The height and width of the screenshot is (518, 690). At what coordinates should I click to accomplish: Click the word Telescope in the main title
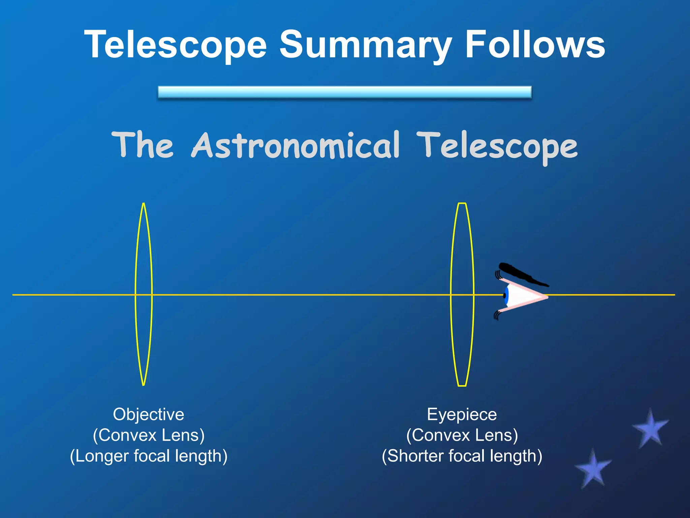(x=175, y=45)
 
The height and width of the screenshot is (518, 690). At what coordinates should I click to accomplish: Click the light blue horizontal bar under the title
(x=345, y=92)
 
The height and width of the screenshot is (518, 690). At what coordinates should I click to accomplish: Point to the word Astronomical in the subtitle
(x=295, y=146)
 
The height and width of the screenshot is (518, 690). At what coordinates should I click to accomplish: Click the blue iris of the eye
(x=506, y=296)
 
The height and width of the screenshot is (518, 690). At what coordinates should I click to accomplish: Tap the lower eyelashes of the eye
(x=497, y=315)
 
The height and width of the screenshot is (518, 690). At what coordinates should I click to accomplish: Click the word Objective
(x=149, y=414)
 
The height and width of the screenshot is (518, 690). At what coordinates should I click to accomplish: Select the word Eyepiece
(x=462, y=414)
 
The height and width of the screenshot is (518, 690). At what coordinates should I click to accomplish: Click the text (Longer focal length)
(x=149, y=456)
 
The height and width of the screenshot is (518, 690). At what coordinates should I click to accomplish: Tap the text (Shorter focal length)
(x=462, y=456)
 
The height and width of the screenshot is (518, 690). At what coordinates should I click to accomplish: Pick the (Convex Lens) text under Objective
(x=149, y=435)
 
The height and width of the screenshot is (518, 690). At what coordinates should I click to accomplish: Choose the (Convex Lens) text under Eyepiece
(x=462, y=435)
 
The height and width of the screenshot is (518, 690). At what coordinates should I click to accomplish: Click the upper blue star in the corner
(x=651, y=429)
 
